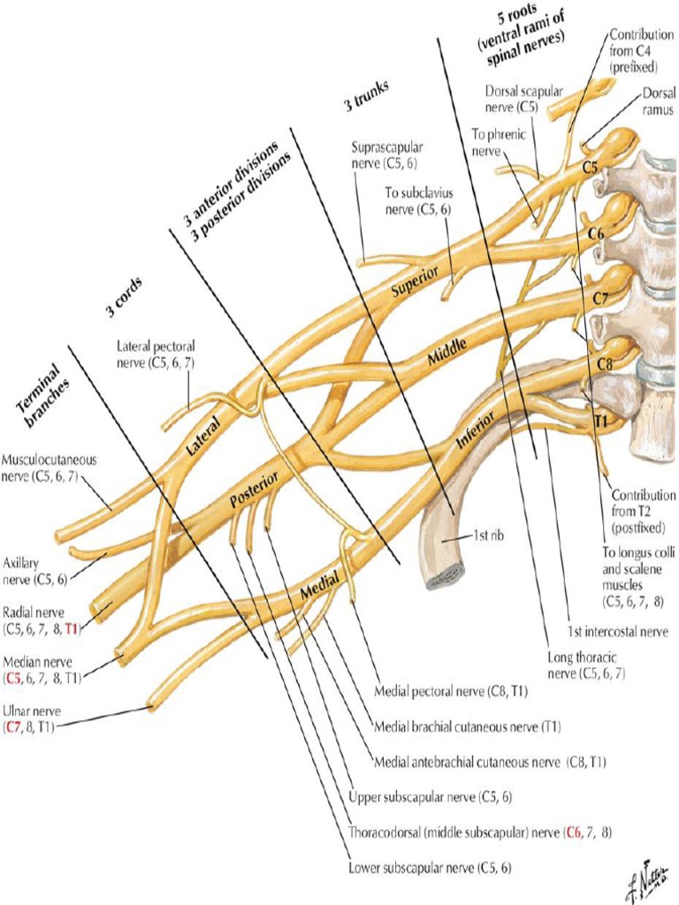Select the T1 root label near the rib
pyautogui.click(x=600, y=422)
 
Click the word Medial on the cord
pyautogui.click(x=318, y=586)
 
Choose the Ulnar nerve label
pyautogui.click(x=33, y=717)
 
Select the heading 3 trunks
pyautogui.click(x=367, y=96)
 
